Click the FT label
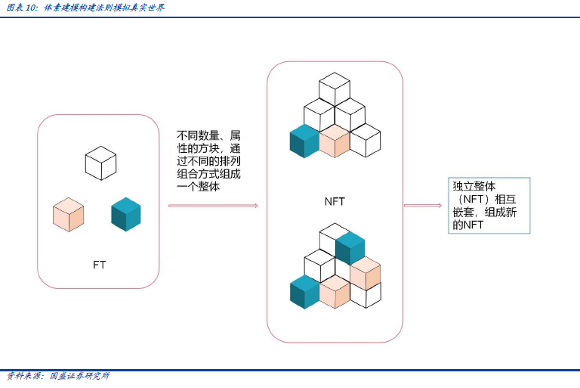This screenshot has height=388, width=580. pos(99,265)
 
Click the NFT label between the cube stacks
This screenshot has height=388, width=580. pos(335,202)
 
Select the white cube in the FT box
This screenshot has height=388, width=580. pos(100,163)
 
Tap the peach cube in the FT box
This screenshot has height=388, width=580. pos(69,215)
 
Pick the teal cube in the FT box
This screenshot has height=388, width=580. pos(126,214)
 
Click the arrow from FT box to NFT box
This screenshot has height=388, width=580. pos(213,206)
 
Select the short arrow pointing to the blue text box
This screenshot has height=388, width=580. pos(423,205)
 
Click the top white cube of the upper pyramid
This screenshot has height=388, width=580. pos(335,89)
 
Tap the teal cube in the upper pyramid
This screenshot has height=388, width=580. pos(304,141)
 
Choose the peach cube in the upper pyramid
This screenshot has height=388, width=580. pos(335,141)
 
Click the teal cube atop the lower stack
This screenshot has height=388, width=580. pos(350,248)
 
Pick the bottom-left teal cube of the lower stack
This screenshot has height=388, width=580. pos(305,292)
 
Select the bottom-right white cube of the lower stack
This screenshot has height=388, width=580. pos(366,295)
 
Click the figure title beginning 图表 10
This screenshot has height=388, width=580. pos(85,8)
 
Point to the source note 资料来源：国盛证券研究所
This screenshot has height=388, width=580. pos(58,376)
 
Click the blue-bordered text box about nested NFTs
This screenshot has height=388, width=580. pos(489,205)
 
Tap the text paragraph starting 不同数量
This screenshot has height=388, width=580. pos(208,161)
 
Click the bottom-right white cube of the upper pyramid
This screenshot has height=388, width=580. pos(366,141)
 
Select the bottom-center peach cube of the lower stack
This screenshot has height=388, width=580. pos(335,292)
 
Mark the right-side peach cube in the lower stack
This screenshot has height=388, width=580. pos(366,273)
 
